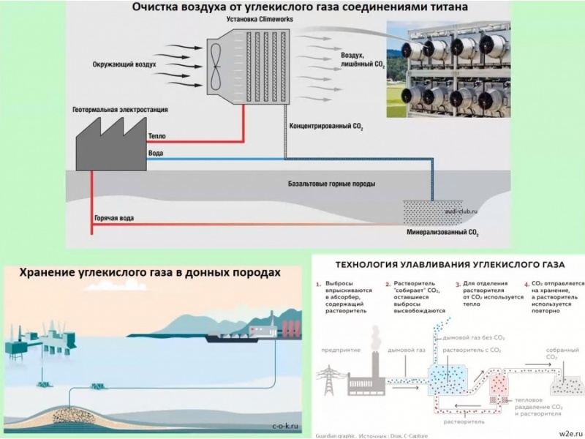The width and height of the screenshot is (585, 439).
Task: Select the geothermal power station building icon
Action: point(110,143)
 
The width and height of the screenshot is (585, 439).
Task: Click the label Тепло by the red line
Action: point(157,136)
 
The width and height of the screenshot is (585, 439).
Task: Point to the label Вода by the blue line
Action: point(156,153)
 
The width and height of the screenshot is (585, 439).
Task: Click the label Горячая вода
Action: point(114,219)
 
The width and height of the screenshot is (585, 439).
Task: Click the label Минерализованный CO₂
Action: point(442,234)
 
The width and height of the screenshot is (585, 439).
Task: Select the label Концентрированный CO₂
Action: point(327,126)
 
